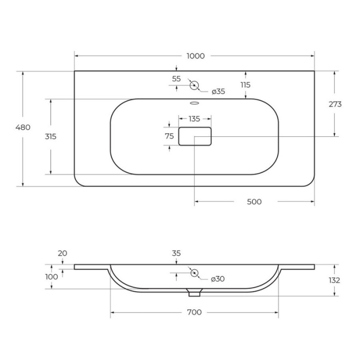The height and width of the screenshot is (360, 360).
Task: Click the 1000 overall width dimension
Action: [195, 56]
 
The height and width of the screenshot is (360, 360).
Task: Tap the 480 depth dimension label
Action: [23, 127]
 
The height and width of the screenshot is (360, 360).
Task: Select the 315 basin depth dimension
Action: [50, 137]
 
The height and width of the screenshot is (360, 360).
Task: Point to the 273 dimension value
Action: [335, 104]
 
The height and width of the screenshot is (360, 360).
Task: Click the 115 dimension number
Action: [246, 85]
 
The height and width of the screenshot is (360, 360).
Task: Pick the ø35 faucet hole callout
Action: [218, 92]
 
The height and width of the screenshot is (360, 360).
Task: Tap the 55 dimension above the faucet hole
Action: [176, 79]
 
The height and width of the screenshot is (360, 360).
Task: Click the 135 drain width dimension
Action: [194, 119]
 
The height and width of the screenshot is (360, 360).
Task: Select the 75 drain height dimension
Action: [170, 136]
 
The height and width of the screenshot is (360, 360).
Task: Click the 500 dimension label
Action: [254, 202]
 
